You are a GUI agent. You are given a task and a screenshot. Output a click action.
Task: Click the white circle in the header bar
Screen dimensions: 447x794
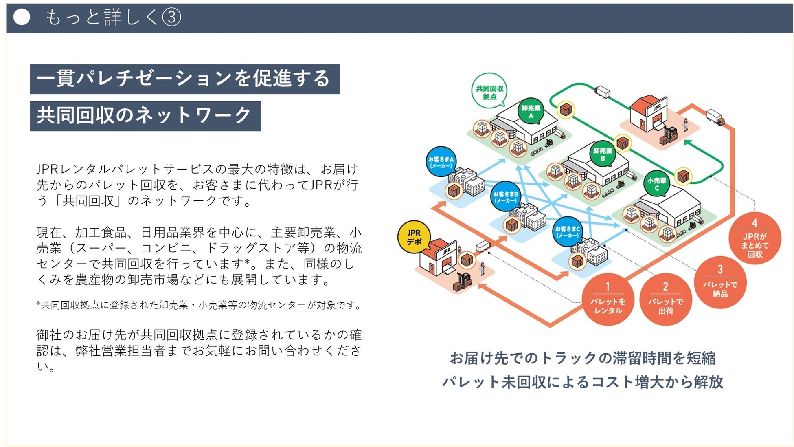[22, 17]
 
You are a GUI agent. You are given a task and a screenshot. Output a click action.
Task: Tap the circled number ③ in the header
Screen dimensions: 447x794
[171, 18]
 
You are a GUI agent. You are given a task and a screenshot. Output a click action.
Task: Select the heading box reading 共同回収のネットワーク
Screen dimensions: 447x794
[145, 116]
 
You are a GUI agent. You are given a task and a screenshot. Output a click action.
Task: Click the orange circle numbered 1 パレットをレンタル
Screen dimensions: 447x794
[608, 299]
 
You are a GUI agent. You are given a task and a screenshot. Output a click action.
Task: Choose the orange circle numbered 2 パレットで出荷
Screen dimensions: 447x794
[666, 299]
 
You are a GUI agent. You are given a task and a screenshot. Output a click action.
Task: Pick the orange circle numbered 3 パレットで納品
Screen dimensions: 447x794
[720, 282]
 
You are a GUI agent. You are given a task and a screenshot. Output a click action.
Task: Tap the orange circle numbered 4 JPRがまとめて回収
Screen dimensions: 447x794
[755, 238]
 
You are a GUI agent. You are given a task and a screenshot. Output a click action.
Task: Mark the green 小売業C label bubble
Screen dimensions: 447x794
[657, 184]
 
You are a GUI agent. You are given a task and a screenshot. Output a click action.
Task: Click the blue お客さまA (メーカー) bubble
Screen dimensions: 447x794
[441, 162]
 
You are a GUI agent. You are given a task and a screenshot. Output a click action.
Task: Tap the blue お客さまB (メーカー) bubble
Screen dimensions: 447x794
[505, 196]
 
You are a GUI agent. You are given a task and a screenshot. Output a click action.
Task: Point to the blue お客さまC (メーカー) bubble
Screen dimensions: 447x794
[567, 231]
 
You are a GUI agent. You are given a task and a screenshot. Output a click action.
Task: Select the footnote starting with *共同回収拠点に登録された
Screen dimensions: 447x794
[199, 305]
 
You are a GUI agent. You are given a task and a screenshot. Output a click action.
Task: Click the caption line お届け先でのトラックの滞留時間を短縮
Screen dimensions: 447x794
[582, 359]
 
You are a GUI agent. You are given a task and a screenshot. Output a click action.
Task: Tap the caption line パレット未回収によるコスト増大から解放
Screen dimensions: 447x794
[582, 382]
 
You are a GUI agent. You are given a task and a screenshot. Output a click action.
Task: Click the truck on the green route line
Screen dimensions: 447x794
[602, 92]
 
